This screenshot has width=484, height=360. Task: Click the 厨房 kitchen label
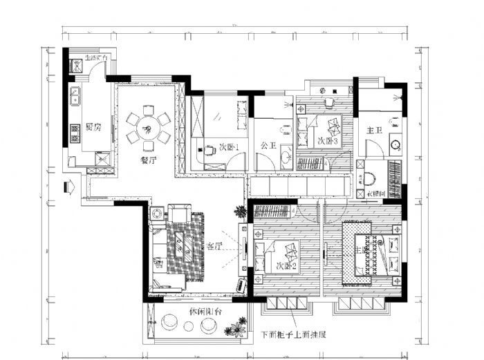[x=94, y=127]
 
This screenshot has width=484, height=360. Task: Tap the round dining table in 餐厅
[x=147, y=128]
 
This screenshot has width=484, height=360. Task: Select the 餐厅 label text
[x=148, y=159]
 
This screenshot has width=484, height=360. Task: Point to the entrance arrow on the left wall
[x=68, y=187]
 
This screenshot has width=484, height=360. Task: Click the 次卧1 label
[x=228, y=147]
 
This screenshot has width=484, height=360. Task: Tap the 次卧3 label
[x=328, y=141]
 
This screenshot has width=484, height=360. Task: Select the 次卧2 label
[x=286, y=265]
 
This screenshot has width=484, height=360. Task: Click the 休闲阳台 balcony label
[x=205, y=312]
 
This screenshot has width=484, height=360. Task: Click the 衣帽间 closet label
[x=374, y=194]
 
